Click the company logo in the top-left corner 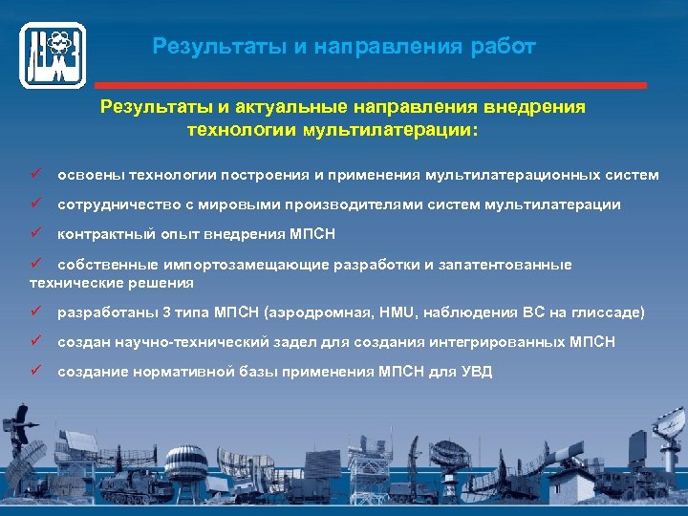(54, 54)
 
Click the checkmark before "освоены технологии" (36, 175)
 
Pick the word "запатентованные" (507, 264)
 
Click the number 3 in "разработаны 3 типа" (141, 312)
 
